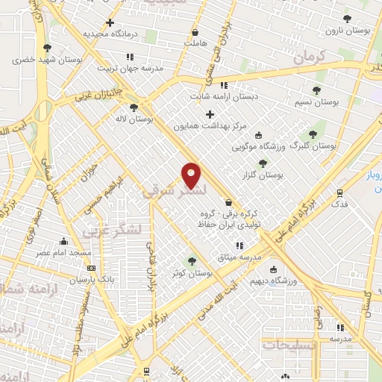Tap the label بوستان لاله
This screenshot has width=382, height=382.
point(134,119)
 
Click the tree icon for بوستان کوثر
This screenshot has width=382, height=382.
point(192,261)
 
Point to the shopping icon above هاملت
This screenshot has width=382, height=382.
point(195,33)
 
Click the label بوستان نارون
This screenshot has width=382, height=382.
point(348,31)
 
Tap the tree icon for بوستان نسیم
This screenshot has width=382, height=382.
point(317,90)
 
